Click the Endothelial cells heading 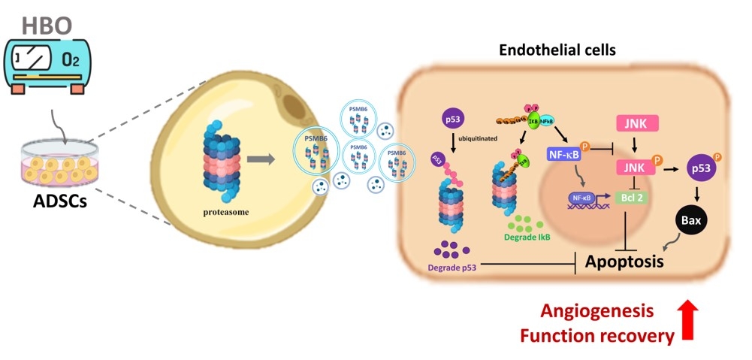click(557, 51)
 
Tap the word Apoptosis click(624, 262)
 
